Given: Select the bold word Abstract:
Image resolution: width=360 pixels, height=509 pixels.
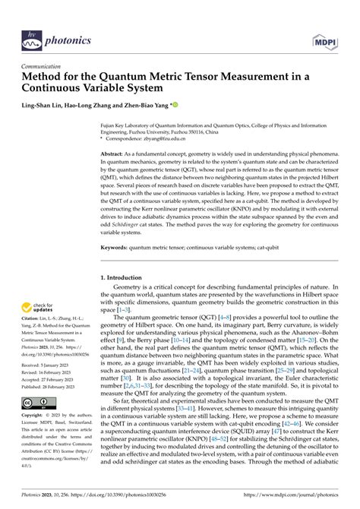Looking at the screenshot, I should pyautogui.click(x=115, y=153).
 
